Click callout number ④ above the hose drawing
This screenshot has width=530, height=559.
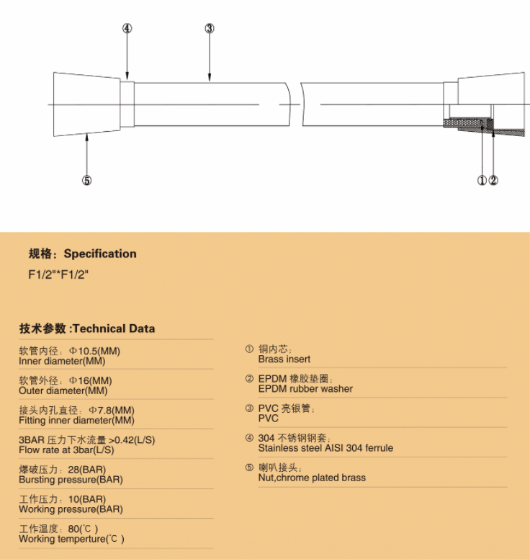click(127, 29)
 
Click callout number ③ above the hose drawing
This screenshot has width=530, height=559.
click(210, 29)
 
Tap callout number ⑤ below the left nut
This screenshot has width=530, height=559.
click(86, 181)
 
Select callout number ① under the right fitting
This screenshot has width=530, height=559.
click(482, 181)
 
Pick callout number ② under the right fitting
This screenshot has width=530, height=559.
click(493, 181)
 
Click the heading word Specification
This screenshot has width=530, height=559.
click(100, 254)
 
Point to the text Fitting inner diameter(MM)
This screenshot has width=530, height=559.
click(76, 420)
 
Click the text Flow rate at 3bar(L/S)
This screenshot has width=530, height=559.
click(66, 450)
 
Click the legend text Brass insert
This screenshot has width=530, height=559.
click(284, 359)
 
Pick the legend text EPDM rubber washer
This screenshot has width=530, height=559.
click(305, 388)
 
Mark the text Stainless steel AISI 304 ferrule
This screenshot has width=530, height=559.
click(325, 447)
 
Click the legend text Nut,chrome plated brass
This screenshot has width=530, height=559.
click(312, 477)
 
